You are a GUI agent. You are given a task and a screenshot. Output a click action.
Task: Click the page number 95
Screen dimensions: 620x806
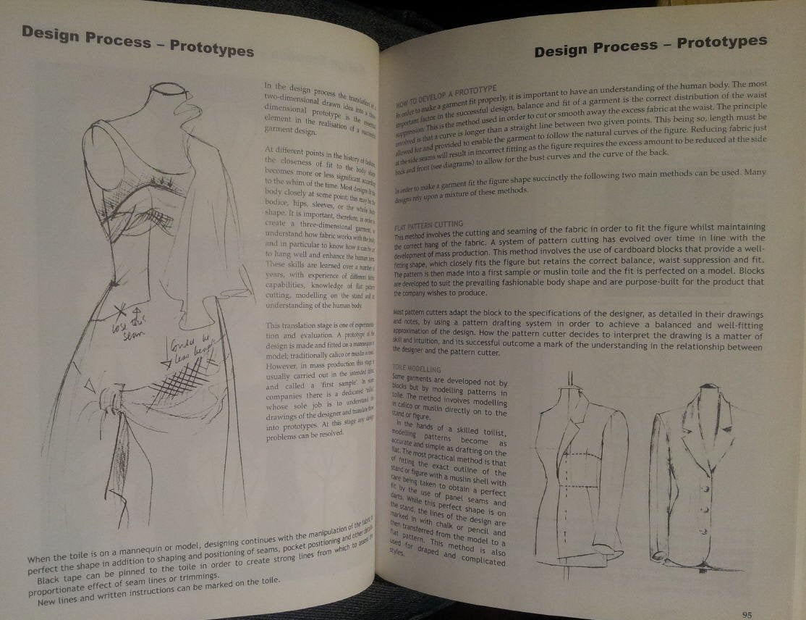[747, 615]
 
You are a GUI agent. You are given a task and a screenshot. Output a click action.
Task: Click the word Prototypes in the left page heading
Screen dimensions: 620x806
[211, 49]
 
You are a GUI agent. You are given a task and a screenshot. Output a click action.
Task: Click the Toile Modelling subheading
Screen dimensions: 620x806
[417, 369]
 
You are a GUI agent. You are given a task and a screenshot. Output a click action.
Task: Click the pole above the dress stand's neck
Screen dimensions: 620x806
[571, 380]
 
